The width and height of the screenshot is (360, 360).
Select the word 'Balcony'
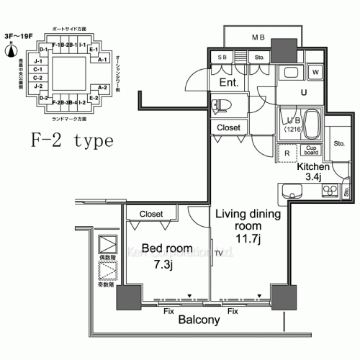point(199,320)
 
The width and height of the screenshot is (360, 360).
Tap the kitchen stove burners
point(330,191)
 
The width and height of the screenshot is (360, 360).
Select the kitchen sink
point(291,192)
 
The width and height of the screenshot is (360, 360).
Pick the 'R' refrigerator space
point(287,152)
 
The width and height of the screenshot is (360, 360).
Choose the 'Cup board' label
point(311,150)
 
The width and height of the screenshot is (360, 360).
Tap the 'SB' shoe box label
point(222,58)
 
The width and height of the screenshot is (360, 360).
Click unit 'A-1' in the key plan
point(102,59)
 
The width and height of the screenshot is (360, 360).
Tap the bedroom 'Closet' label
point(150,214)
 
